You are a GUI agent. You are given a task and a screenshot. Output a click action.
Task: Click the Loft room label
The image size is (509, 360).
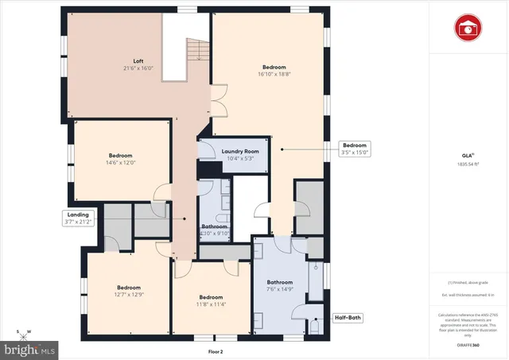138,60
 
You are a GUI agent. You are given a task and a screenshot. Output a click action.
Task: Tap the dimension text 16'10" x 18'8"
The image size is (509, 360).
274,74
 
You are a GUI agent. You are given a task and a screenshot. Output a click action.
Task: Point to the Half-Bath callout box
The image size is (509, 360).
347,318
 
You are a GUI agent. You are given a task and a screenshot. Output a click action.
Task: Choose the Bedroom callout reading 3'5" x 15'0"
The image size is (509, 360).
355,149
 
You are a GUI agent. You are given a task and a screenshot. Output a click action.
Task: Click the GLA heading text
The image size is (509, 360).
468,156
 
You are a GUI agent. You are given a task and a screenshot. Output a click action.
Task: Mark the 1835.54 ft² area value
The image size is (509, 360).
468,165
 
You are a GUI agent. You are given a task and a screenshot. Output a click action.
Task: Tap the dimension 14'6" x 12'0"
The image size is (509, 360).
121,162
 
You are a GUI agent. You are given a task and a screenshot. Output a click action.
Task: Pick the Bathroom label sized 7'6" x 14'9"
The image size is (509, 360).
280,286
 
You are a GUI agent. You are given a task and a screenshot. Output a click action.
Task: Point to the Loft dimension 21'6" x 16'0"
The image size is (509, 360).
138,68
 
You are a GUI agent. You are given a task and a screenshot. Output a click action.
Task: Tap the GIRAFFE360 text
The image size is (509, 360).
468,346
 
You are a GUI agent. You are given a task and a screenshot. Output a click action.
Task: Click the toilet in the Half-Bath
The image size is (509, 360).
316,324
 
